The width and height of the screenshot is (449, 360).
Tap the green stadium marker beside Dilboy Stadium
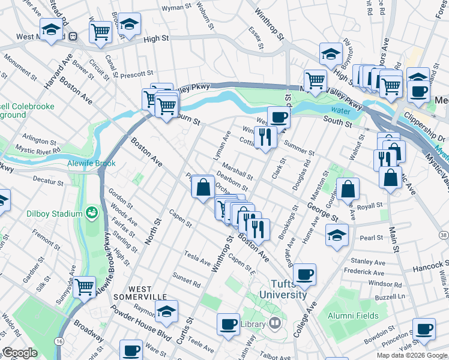click(x=92, y=212)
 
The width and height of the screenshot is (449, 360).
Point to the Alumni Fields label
click(x=353, y=316)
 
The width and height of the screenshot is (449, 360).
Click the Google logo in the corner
click(x=20, y=353)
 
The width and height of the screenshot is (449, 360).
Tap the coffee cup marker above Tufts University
click(x=305, y=274)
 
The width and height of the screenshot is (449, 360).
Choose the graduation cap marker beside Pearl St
click(x=337, y=235)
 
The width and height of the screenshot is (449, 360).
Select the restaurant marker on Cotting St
click(x=265, y=137)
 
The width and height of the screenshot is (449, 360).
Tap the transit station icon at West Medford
click(x=73, y=36)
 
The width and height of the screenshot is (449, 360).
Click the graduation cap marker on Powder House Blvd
click(x=167, y=310)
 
